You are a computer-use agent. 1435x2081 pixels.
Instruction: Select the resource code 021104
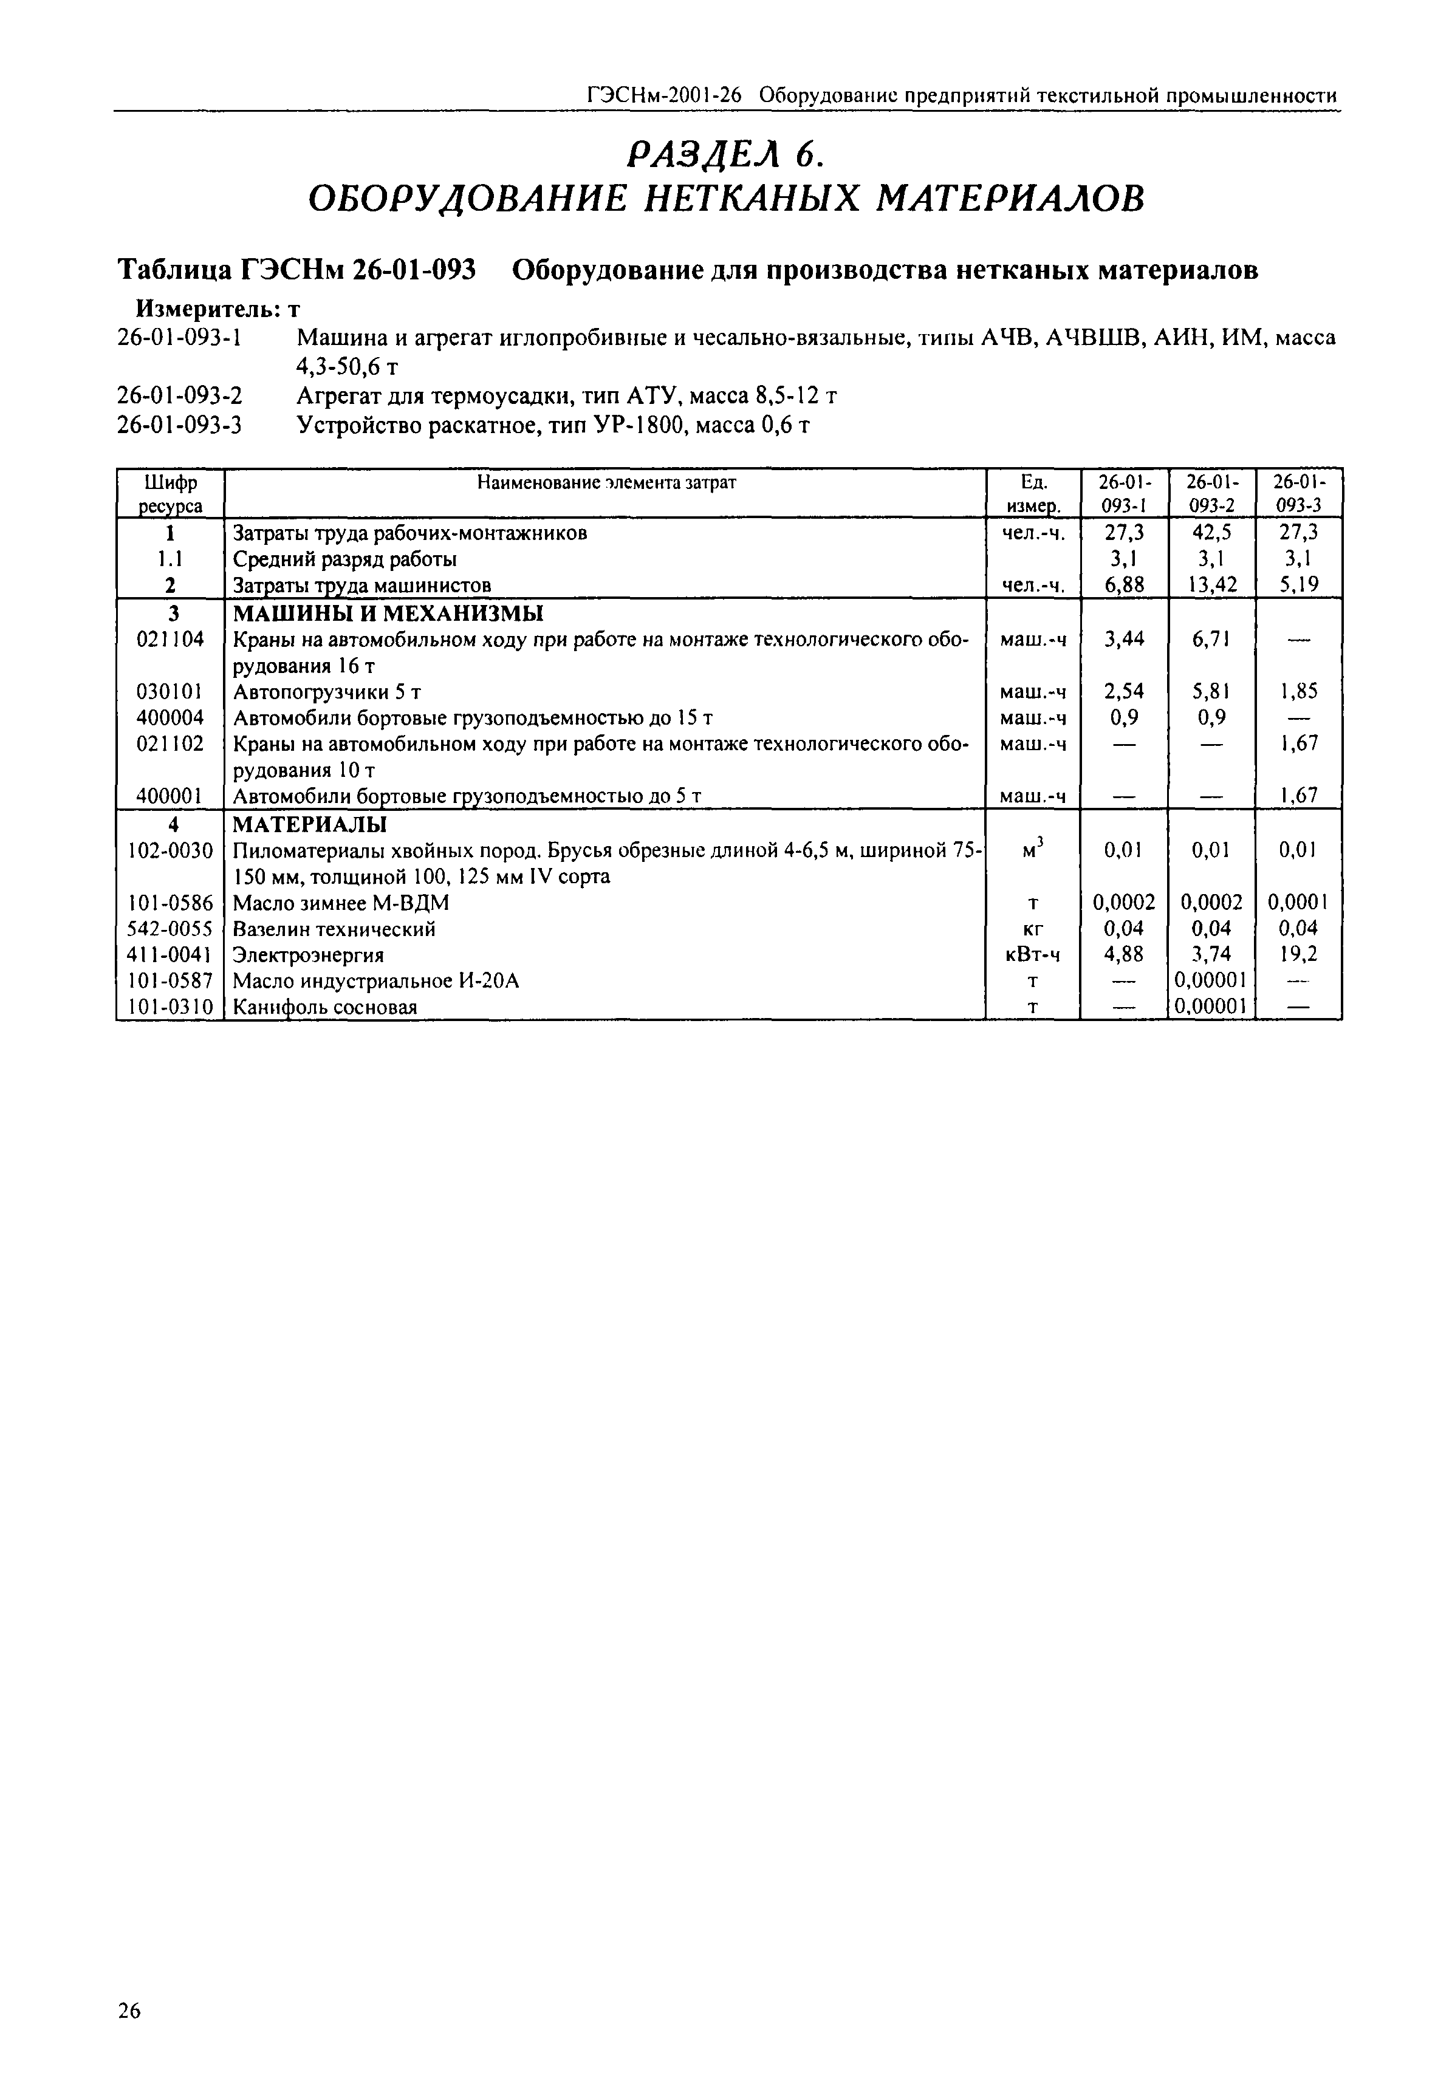click(x=170, y=639)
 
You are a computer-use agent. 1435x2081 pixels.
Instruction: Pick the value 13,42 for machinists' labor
click(x=1211, y=585)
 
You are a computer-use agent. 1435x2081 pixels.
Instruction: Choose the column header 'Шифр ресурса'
click(x=170, y=493)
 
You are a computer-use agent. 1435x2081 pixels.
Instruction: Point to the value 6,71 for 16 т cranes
click(x=1211, y=639)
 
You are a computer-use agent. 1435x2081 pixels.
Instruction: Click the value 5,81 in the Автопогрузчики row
click(x=1211, y=691)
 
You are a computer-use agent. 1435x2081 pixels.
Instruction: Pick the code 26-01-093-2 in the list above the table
click(x=180, y=395)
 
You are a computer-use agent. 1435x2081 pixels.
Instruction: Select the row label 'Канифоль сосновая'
click(x=326, y=1007)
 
